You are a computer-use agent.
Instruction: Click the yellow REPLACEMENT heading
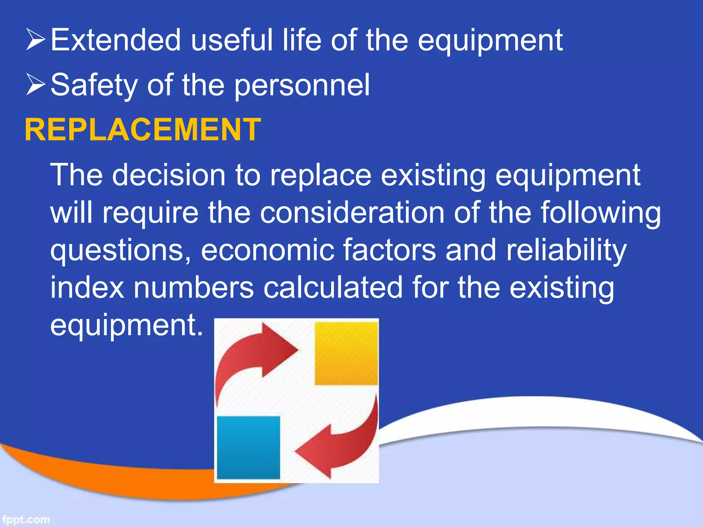coord(142,130)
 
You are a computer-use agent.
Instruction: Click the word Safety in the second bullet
coord(93,85)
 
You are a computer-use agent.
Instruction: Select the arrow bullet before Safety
coord(35,85)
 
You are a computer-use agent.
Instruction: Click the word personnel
coord(302,86)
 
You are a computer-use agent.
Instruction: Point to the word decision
coord(168,175)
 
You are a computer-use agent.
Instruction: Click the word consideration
coord(352,213)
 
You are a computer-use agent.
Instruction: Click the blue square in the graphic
coord(248,447)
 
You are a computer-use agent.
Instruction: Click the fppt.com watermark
coord(26,519)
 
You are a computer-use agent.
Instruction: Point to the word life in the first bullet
coord(302,40)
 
